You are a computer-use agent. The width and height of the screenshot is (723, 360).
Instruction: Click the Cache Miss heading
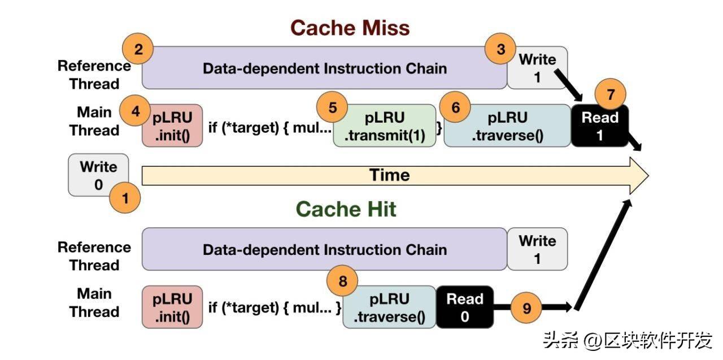[x=350, y=28]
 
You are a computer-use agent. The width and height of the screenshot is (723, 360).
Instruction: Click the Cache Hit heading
[x=346, y=209]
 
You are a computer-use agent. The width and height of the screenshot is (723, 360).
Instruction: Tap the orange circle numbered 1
[x=125, y=199]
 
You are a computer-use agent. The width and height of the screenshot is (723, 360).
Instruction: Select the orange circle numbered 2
[x=138, y=49]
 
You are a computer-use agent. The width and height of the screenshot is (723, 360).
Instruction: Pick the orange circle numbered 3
[x=500, y=49]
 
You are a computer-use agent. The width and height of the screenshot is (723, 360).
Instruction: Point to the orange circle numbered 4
[x=136, y=111]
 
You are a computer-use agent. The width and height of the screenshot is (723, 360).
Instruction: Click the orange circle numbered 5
[x=333, y=107]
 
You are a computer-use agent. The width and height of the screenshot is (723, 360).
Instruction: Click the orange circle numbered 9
[x=526, y=308]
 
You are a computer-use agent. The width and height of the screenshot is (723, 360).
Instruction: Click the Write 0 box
[x=97, y=175]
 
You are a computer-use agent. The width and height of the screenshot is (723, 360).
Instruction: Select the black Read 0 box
[x=464, y=307]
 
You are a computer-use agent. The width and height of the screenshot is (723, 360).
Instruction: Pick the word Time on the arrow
[x=389, y=175]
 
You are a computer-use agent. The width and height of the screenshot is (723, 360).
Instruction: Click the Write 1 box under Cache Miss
[x=537, y=68]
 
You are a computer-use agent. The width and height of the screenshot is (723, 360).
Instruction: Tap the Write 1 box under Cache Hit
[x=537, y=249]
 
